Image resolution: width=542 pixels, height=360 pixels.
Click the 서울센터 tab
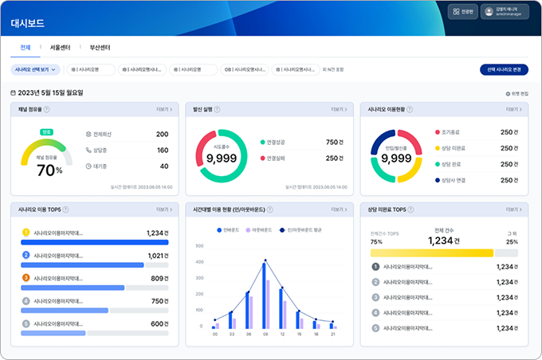click(61, 48)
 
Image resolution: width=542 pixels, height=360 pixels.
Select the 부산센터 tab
click(100, 48)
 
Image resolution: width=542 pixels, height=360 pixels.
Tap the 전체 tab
click(25, 48)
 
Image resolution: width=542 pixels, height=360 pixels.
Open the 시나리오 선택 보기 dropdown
click(35, 69)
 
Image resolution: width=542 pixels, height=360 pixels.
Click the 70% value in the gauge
click(49, 170)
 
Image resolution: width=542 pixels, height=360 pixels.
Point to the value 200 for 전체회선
click(162, 135)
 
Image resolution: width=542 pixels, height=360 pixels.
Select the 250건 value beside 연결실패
click(333, 158)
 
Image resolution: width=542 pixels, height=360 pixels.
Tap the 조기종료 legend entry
click(451, 132)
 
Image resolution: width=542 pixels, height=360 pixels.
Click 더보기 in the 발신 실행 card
click(340, 109)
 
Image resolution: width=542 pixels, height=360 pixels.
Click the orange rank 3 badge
click(26, 278)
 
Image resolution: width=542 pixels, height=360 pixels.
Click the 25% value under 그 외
click(512, 241)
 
